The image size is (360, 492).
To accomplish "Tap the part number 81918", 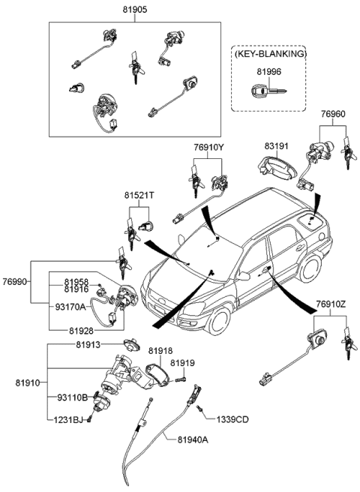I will click(x=160, y=350).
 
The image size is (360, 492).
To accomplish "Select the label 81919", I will click(x=182, y=363).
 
